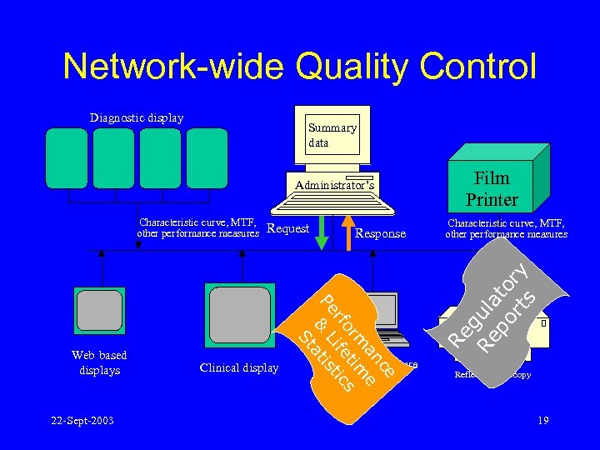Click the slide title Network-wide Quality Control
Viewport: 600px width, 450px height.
tap(300, 67)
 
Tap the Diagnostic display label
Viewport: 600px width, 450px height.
tap(137, 117)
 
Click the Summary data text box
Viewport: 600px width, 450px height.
tap(332, 135)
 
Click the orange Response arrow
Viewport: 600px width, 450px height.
tap(348, 232)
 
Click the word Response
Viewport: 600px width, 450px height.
tap(380, 234)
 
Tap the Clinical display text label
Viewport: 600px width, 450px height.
tap(239, 367)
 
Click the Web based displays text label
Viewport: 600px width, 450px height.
tap(99, 362)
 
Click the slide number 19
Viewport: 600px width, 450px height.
tap(542, 420)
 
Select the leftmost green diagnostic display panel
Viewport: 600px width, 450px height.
tap(66, 157)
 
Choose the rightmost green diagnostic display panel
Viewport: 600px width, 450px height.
tap(206, 157)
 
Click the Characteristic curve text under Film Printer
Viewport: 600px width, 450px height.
tap(506, 228)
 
